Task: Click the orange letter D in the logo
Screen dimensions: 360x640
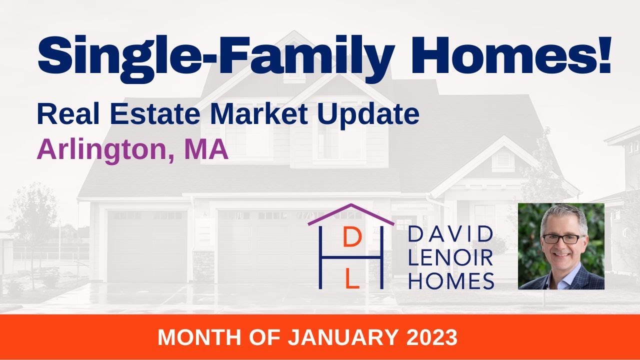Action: [352, 239]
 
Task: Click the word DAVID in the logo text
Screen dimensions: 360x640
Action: [450, 235]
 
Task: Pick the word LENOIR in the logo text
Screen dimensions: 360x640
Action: [450, 257]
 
